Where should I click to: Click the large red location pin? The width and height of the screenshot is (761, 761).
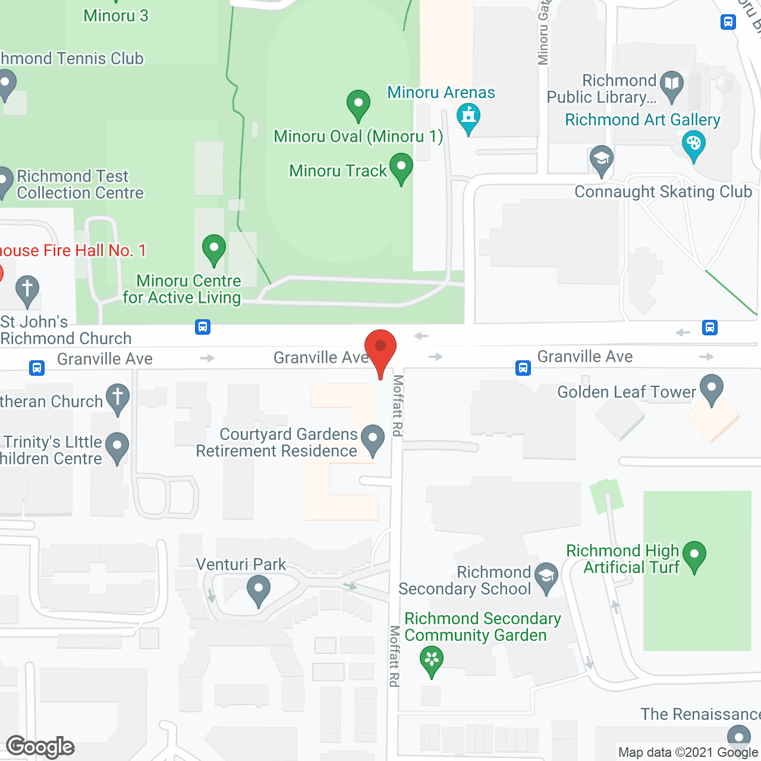[x=380, y=348]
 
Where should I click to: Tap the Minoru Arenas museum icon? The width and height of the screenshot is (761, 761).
[x=468, y=116]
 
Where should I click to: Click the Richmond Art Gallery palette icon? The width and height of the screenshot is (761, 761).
[x=693, y=144]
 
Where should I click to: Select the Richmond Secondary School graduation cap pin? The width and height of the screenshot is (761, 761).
[x=546, y=576]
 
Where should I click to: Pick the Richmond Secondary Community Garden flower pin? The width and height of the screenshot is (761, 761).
[x=432, y=660]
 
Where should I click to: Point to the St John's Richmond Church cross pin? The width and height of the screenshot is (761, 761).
[x=27, y=290]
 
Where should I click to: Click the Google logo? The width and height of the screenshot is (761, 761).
[x=40, y=747]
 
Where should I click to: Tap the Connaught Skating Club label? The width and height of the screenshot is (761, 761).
[x=663, y=192]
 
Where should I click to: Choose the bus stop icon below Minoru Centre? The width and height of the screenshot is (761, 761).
[x=203, y=327]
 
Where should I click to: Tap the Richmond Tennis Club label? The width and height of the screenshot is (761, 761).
[x=72, y=59]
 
